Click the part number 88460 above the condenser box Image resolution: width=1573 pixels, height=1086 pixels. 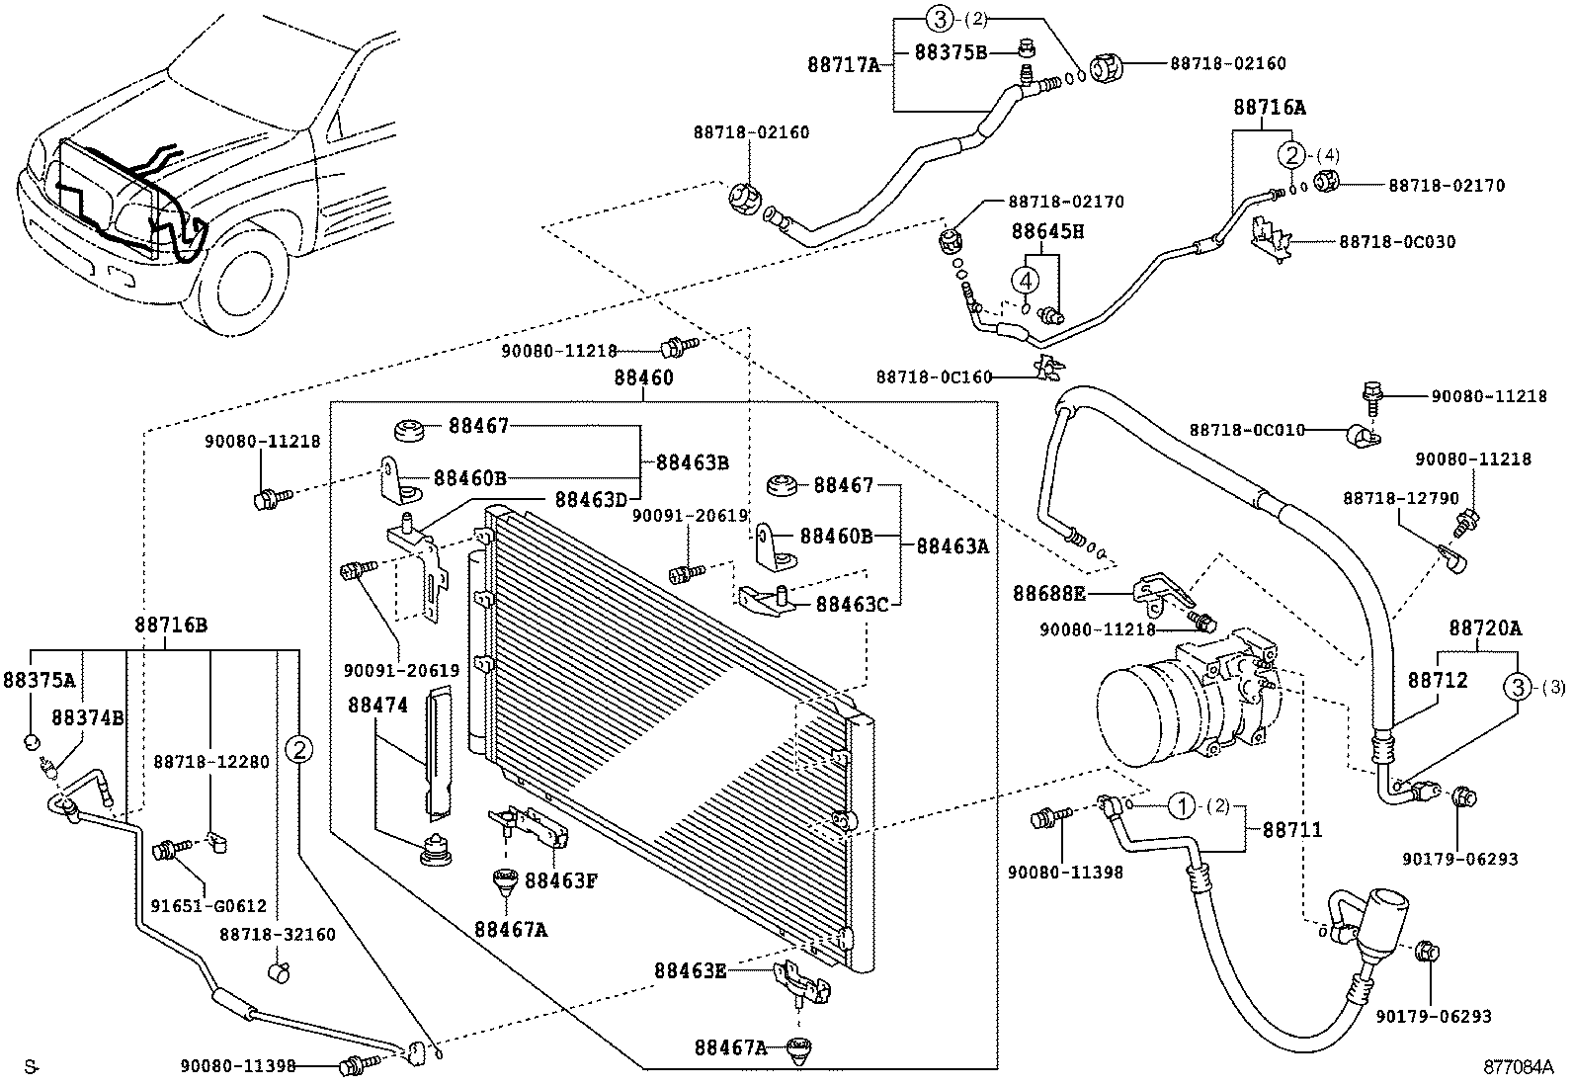643,377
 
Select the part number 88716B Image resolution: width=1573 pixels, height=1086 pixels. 170,625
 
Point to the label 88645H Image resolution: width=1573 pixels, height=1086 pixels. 1047,231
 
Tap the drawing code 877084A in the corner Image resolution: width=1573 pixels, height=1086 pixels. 1518,1067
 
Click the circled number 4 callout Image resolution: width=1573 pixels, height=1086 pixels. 1027,281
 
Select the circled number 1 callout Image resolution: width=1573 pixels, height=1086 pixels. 1180,806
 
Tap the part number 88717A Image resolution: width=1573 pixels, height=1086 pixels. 843,66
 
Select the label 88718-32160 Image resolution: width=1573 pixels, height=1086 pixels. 277,934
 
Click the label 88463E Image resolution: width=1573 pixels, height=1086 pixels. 690,969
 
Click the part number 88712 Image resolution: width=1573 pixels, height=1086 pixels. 1438,681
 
